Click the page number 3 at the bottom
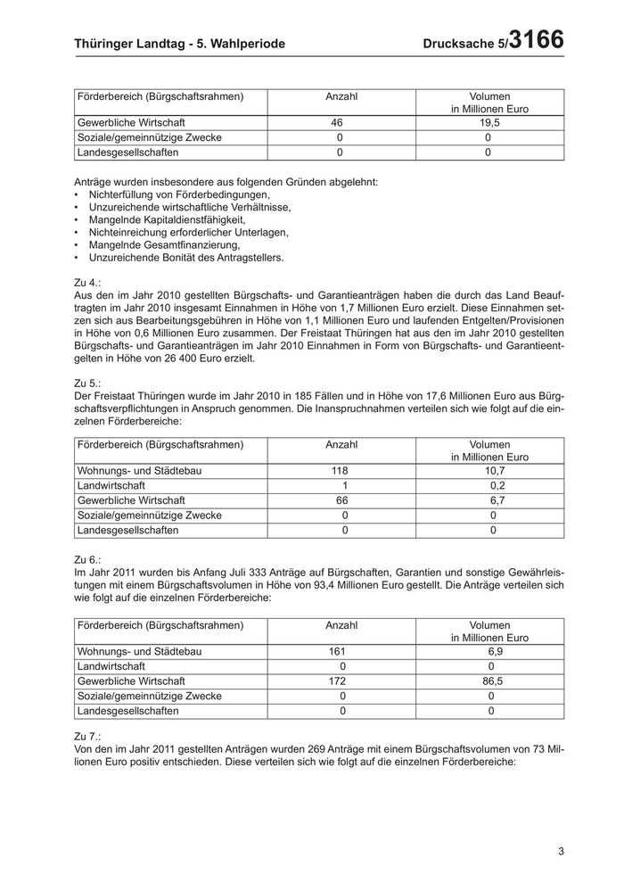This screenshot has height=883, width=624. [561, 851]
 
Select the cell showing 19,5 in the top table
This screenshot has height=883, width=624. [489, 123]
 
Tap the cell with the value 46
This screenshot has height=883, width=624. [336, 123]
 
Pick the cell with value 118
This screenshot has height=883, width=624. [339, 471]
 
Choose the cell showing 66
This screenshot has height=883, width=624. [341, 500]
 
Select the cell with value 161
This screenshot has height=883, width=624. [338, 652]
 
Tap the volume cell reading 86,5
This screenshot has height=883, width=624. [491, 681]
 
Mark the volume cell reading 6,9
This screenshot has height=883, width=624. [491, 652]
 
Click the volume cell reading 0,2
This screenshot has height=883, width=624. [497, 485]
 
